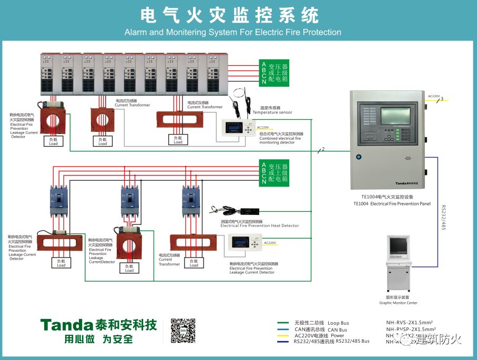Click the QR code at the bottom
tap(183, 331)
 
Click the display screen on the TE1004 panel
tap(398, 116)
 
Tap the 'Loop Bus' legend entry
tap(338, 323)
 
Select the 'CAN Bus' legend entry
tap(337, 330)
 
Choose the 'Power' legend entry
tap(337, 335)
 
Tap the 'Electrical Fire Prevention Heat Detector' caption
tap(260, 226)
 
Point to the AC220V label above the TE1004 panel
tap(434, 96)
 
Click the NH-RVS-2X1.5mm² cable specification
tap(409, 322)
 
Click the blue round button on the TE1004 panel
tap(359, 157)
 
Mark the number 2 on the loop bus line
tap(323, 149)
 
